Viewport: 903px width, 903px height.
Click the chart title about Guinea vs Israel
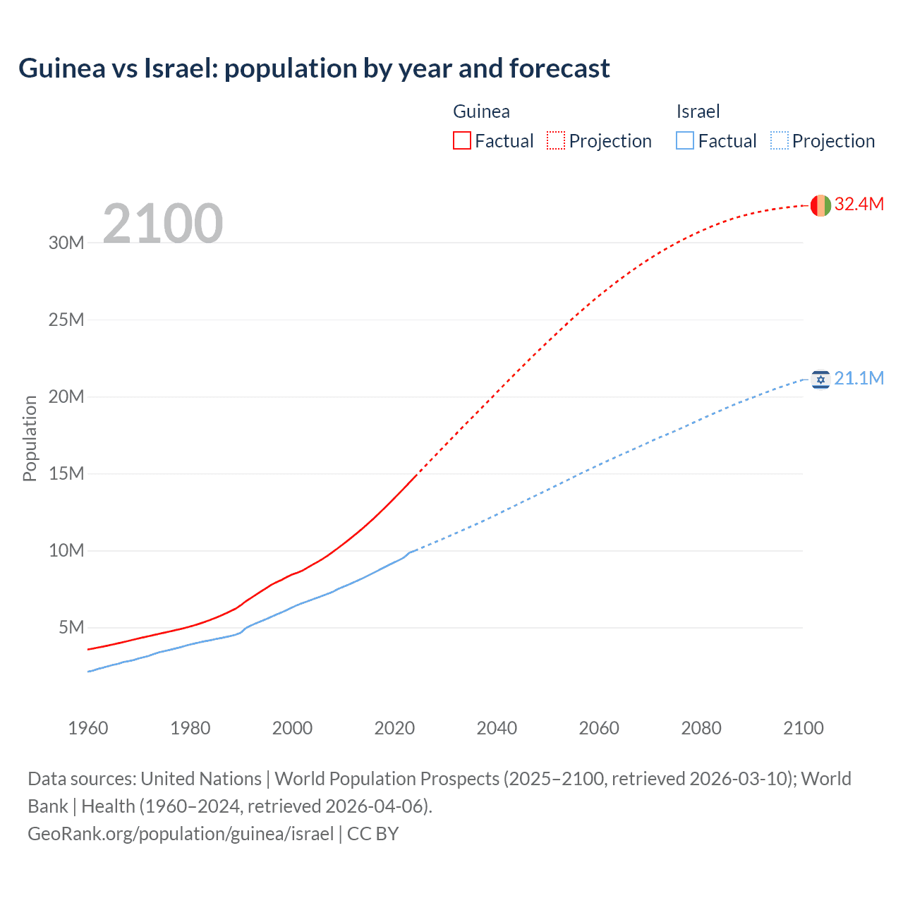[x=314, y=68]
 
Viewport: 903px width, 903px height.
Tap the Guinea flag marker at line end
[x=820, y=205]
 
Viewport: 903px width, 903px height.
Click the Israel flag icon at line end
[x=820, y=380]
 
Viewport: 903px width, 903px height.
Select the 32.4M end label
[x=859, y=205]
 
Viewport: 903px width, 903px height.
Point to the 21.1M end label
[x=859, y=379]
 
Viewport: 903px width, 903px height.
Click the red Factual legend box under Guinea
[x=462, y=140]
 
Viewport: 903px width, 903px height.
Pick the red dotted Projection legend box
[x=556, y=140]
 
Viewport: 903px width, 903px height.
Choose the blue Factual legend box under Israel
[x=685, y=140]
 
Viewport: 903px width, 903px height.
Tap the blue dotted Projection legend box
[x=780, y=140]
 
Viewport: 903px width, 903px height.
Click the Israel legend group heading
[x=698, y=111]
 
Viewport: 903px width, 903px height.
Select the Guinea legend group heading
[x=481, y=111]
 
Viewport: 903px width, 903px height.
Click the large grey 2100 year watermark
[x=163, y=224]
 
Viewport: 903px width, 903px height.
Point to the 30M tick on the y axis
[x=66, y=243]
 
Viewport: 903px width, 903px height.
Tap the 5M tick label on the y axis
[x=71, y=628]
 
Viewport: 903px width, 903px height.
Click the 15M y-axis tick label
[x=66, y=474]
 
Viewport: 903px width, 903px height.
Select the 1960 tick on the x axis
[x=88, y=728]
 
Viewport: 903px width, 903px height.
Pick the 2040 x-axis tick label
[x=497, y=728]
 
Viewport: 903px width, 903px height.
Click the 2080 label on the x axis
[x=701, y=728]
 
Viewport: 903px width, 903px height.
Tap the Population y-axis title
[x=30, y=438]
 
